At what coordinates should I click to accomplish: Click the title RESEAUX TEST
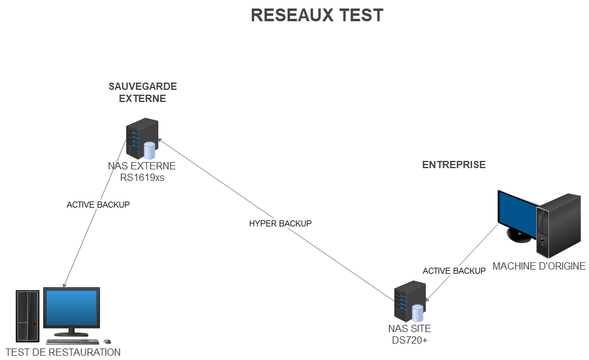click(317, 15)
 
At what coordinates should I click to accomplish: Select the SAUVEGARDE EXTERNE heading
click(143, 92)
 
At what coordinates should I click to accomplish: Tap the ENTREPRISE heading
click(454, 165)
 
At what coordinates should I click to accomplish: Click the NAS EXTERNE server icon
click(142, 138)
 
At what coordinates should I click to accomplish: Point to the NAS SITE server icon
click(410, 301)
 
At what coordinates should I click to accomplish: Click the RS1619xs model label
click(142, 177)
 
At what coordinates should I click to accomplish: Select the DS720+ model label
click(409, 340)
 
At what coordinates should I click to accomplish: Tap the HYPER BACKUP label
click(280, 223)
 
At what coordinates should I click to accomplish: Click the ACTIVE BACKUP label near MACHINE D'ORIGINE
click(454, 271)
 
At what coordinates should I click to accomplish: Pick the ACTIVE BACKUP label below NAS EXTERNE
click(98, 205)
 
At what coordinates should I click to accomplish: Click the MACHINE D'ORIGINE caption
click(539, 266)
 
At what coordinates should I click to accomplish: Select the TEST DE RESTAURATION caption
click(63, 352)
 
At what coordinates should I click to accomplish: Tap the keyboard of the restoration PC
click(73, 342)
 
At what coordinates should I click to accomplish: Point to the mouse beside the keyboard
click(107, 342)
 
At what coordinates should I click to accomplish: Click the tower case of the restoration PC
click(27, 316)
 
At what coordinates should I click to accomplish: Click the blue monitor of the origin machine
click(518, 212)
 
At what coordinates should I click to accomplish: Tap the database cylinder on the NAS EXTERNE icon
click(149, 151)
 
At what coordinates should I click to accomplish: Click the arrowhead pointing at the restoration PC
click(64, 285)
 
